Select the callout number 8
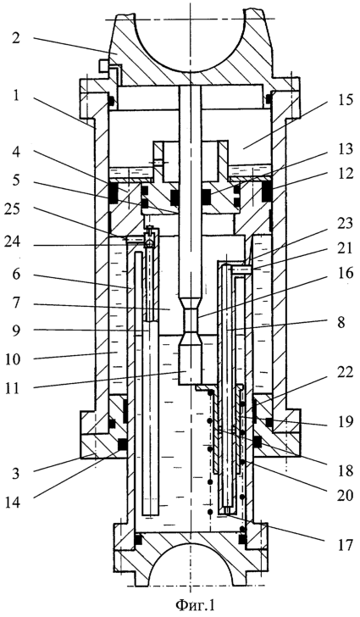(x=341, y=323)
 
